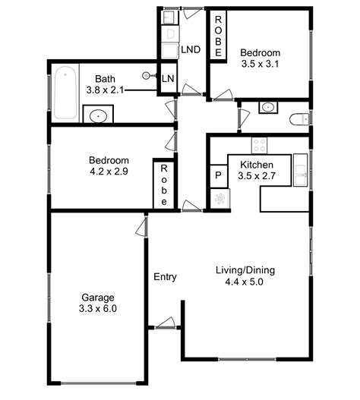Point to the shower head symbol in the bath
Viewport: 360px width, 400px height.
[147, 75]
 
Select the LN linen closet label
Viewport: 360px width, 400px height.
[167, 79]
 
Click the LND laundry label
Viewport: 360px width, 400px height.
[191, 50]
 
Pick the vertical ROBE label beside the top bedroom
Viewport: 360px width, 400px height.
[217, 36]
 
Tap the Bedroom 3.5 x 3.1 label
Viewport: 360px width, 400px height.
[261, 58]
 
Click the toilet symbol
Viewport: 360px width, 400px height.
[300, 118]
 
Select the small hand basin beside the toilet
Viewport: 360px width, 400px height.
[267, 108]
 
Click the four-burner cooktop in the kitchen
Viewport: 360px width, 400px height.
[261, 143]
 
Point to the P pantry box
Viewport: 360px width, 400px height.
[218, 175]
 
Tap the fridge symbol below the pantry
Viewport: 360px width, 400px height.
[219, 199]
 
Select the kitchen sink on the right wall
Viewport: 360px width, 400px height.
[300, 173]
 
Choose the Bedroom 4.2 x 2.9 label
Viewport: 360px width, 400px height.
[109, 166]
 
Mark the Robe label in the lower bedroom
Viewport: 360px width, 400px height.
[164, 185]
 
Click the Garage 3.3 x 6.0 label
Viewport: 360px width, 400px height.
[98, 303]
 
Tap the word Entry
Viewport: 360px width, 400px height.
[165, 277]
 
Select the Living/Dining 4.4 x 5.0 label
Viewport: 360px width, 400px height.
[245, 276]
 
